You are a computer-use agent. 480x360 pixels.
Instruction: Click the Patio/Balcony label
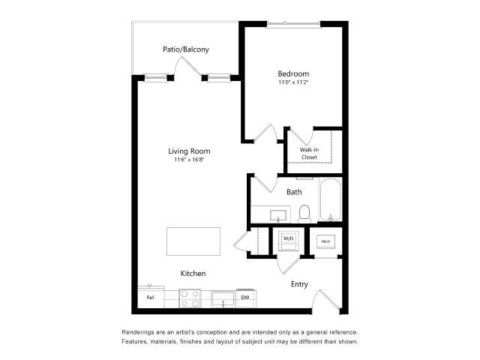coord(186,49)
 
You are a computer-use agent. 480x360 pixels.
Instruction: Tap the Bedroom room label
coord(293,73)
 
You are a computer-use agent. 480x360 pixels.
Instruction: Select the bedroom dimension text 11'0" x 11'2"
coord(293,82)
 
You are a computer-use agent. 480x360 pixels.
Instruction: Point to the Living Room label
coord(189,151)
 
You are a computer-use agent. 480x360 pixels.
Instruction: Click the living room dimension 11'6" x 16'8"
coord(189,160)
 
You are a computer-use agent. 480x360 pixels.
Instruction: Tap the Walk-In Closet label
coord(309,153)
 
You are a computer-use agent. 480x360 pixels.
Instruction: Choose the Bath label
coord(294,192)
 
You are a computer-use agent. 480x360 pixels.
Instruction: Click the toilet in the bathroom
coord(304,213)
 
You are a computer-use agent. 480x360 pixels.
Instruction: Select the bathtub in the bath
coord(330,199)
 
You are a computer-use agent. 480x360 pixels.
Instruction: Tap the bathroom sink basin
coord(278,215)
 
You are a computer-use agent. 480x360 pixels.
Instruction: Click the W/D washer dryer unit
coord(288,241)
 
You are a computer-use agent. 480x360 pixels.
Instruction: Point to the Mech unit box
coord(325,241)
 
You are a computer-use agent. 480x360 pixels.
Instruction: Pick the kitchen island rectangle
coord(193,241)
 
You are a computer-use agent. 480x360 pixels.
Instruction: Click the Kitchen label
coord(193,273)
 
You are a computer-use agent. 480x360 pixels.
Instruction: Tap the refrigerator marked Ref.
coord(151,297)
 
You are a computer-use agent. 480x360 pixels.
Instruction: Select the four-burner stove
coord(190,298)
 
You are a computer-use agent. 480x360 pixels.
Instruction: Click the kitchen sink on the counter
coord(223,299)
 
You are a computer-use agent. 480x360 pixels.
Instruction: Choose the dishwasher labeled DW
coord(245,298)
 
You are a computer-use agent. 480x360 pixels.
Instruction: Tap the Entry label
coord(299,284)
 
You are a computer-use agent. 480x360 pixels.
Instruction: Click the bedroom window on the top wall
coord(294,23)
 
